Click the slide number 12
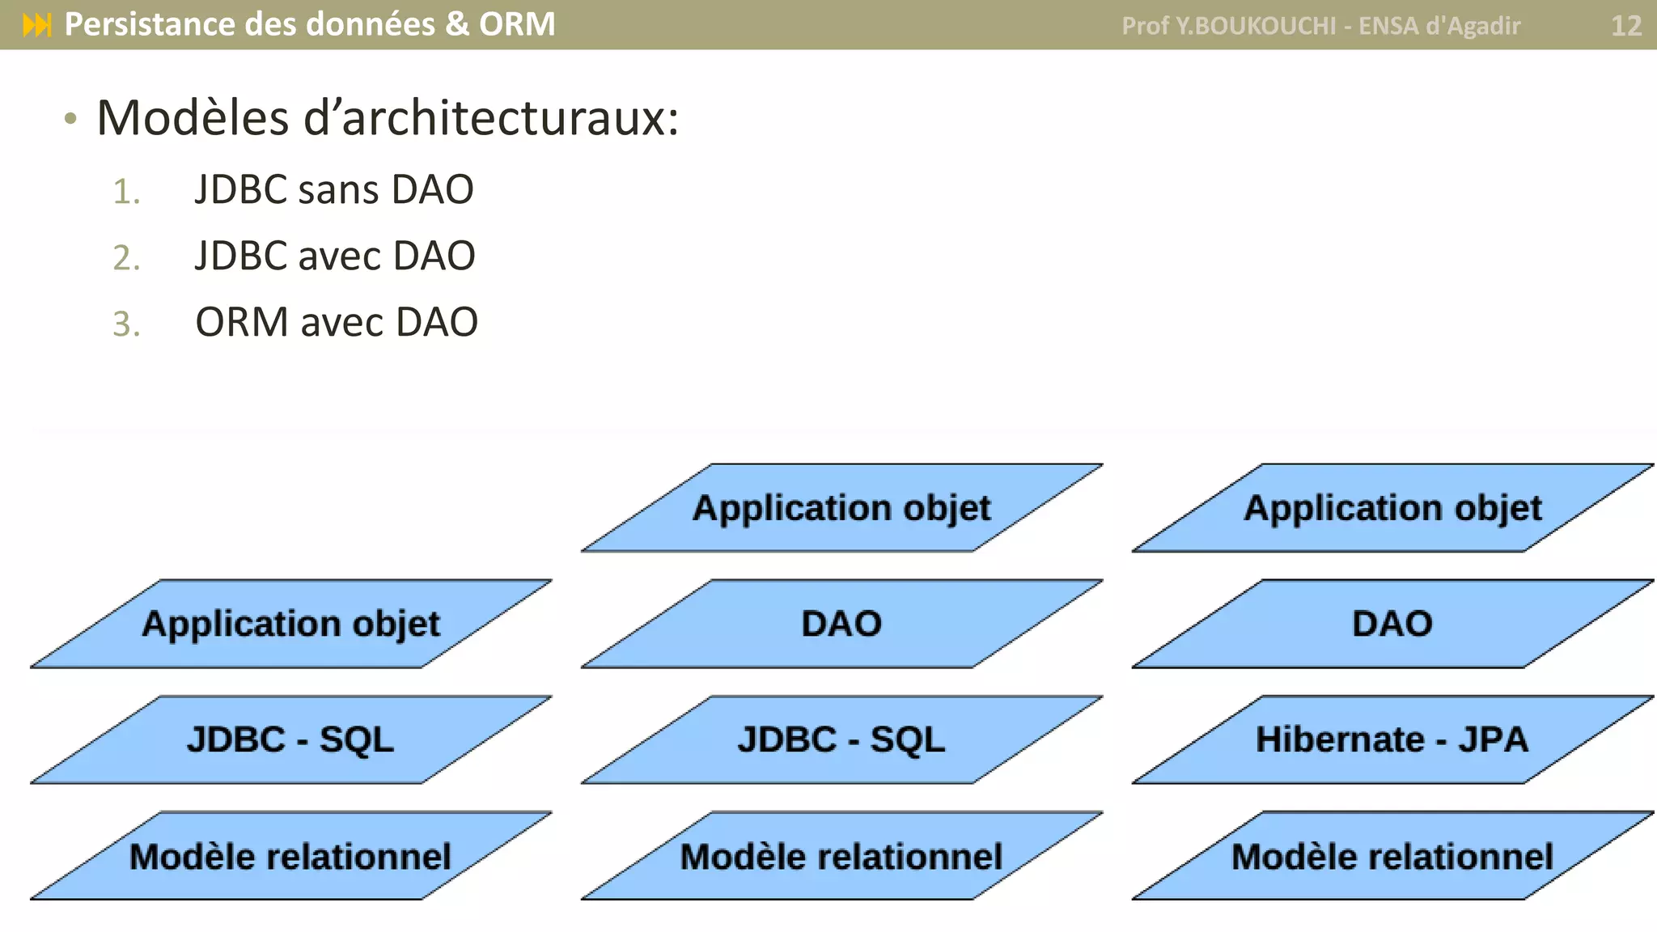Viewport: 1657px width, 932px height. coord(1625,26)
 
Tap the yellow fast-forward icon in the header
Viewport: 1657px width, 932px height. coord(37,25)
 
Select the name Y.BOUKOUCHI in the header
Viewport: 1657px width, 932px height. coord(1256,26)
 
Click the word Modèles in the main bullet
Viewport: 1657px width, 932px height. coord(193,118)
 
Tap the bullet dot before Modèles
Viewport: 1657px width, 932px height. coord(71,120)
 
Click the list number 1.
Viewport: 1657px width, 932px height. coord(126,193)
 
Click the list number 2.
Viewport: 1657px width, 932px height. coord(126,258)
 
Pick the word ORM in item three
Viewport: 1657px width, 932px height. coord(242,322)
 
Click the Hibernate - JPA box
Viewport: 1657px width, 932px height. coord(1392,739)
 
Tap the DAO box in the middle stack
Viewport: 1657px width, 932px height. coord(841,624)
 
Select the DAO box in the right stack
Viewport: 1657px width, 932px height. coord(1392,624)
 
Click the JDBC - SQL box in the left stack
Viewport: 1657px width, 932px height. coord(290,739)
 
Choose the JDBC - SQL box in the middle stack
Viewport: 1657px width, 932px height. coord(841,739)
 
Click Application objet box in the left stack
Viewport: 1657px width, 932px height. coord(290,624)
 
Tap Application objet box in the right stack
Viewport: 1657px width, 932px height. coord(1392,508)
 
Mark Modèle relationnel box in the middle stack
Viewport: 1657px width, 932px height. coord(841,856)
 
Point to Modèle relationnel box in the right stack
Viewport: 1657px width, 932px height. coord(1392,856)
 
